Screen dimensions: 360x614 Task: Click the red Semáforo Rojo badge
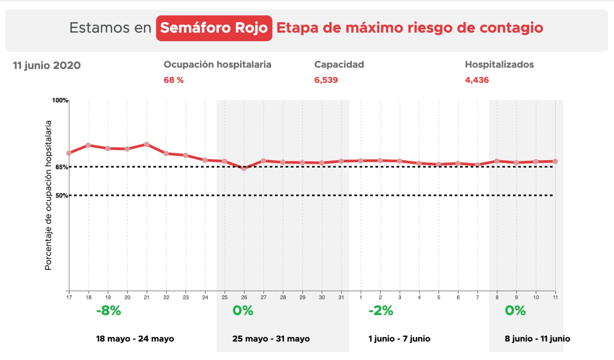pos(214,28)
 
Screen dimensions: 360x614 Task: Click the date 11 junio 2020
pos(47,65)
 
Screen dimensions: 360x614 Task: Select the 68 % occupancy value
pos(173,80)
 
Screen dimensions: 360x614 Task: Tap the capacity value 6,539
pos(326,80)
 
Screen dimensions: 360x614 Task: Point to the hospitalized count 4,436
pos(477,80)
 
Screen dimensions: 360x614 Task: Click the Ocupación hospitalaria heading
pos(217,65)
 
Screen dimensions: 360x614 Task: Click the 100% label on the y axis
pos(60,100)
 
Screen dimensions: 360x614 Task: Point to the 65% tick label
pos(61,167)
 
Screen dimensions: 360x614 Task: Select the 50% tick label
pos(61,196)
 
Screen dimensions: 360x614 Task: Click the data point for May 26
pos(244,168)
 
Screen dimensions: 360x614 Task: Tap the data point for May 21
pos(147,144)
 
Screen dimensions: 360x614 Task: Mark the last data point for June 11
pos(555,161)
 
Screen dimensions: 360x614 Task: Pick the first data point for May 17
pos(69,153)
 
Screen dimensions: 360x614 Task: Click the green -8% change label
pos(109,311)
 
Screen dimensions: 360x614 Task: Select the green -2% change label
pos(381,311)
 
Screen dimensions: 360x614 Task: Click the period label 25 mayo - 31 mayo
pos(271,339)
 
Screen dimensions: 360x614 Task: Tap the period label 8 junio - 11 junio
pos(537,339)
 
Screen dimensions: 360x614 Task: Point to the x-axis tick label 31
pos(341,297)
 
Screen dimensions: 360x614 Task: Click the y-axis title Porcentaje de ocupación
pos(48,195)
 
